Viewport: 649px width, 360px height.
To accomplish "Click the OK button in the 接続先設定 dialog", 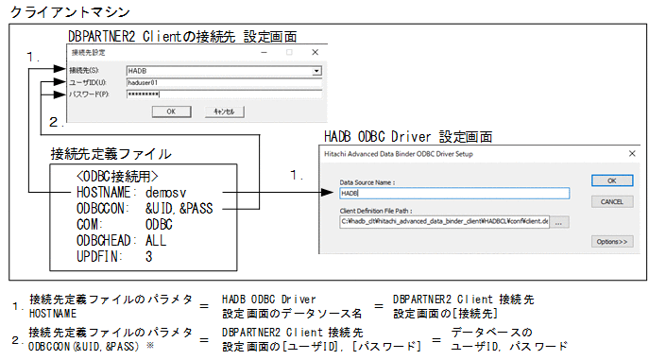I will [170, 111].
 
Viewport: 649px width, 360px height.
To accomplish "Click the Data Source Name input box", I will [453, 193].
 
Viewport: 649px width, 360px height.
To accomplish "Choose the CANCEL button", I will [610, 201].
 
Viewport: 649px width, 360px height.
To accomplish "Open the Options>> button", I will [610, 241].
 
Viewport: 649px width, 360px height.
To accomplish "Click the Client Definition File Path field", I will [444, 221].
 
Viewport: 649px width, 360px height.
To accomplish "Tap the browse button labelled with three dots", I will [560, 221].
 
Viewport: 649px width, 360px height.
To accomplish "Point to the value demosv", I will [166, 190].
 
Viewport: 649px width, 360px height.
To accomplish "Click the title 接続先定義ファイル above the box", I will [111, 153].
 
